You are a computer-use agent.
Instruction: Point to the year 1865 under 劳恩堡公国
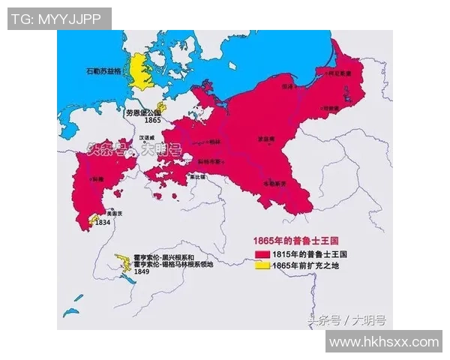click(x=153, y=120)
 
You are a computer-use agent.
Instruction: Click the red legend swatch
click(x=261, y=254)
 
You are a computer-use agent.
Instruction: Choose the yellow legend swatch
click(x=261, y=265)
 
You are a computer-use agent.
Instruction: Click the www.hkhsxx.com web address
click(x=384, y=342)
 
